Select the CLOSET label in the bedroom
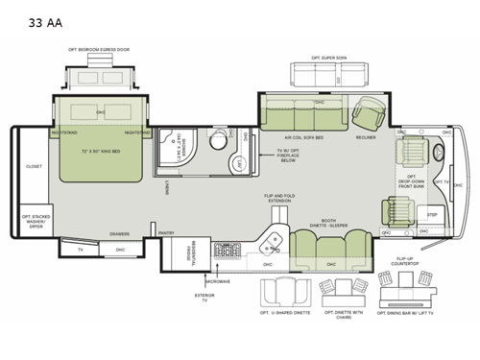(33, 166)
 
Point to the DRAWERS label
(120, 232)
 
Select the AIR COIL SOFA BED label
(303, 137)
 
